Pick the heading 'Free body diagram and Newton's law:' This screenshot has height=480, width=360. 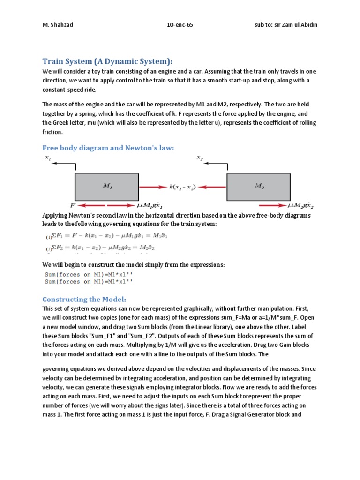[x=108, y=148]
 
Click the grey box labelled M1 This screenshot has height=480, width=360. [x=106, y=186]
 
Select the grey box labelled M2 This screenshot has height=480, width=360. [x=259, y=186]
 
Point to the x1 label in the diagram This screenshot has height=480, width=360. [x=48, y=158]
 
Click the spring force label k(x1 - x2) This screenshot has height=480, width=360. [x=182, y=187]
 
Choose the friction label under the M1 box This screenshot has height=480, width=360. [x=149, y=205]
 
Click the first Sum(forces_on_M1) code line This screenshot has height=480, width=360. [x=89, y=274]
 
